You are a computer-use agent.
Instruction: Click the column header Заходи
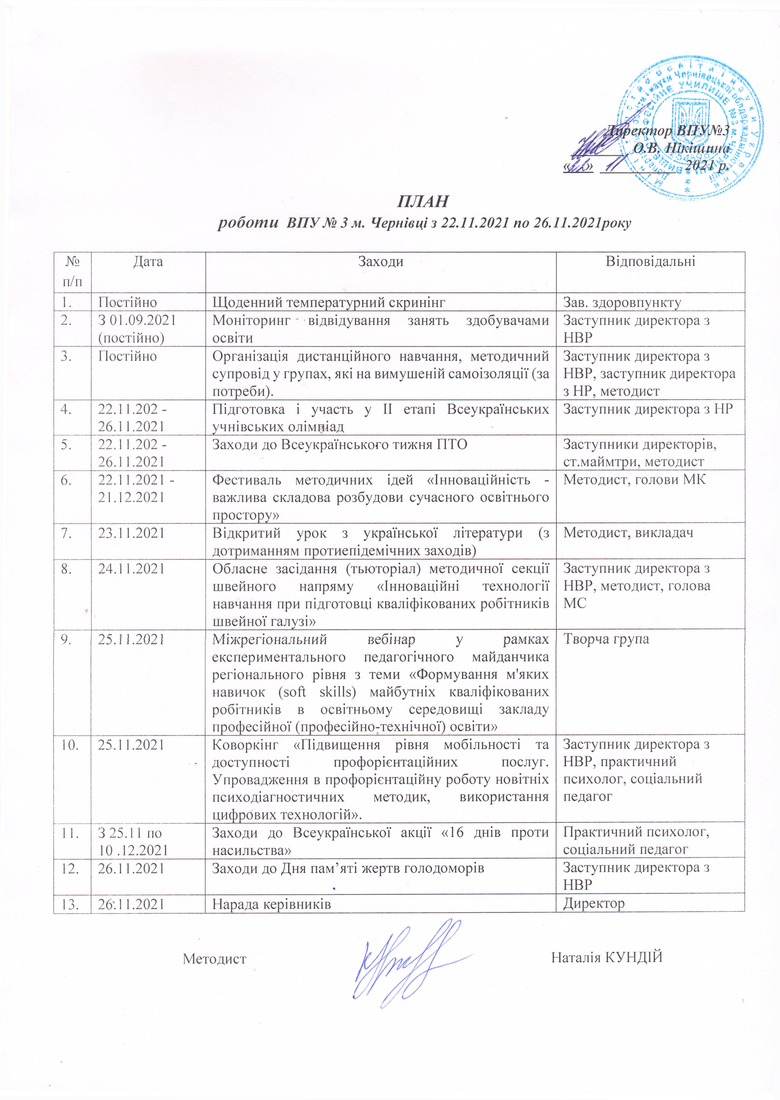380,262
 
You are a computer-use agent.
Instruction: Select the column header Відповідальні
650,262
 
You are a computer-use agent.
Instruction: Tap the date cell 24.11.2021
131,568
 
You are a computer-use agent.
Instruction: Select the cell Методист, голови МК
634,480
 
